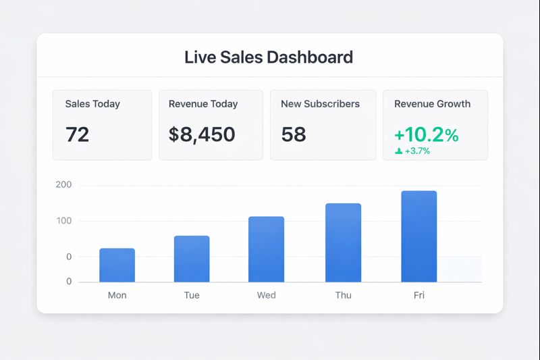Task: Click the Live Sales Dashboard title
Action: pyautogui.click(x=269, y=57)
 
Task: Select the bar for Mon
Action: pyautogui.click(x=117, y=265)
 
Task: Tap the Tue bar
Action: pyautogui.click(x=192, y=259)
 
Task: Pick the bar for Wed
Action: pyautogui.click(x=266, y=250)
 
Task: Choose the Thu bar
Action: pyautogui.click(x=343, y=243)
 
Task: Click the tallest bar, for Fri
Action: pyautogui.click(x=418, y=236)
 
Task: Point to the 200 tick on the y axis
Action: pyautogui.click(x=65, y=185)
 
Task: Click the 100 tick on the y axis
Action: pyautogui.click(x=65, y=221)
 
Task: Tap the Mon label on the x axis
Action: pyautogui.click(x=117, y=295)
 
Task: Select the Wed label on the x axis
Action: pyautogui.click(x=266, y=295)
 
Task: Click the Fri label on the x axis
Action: pyautogui.click(x=418, y=295)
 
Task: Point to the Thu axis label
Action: pyautogui.click(x=343, y=295)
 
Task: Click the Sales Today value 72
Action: pyautogui.click(x=78, y=134)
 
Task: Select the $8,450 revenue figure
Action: pyautogui.click(x=202, y=134)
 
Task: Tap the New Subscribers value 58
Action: pyautogui.click(x=294, y=134)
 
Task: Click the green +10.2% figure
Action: pyautogui.click(x=426, y=134)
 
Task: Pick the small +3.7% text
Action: pyautogui.click(x=416, y=151)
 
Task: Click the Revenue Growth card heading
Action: pyautogui.click(x=432, y=104)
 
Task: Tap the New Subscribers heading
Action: pyautogui.click(x=320, y=104)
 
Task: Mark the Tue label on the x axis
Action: pyautogui.click(x=192, y=295)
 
